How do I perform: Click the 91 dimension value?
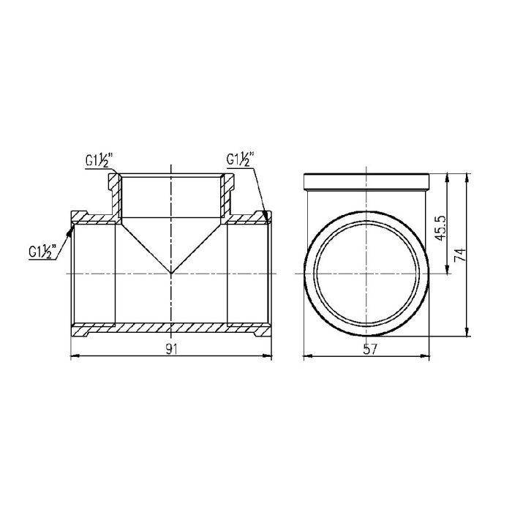pyautogui.click(x=170, y=349)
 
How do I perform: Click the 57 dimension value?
pyautogui.click(x=369, y=349)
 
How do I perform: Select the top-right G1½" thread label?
pyautogui.click(x=239, y=159)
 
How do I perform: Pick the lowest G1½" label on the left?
pyautogui.click(x=42, y=252)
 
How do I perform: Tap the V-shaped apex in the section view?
pyautogui.click(x=171, y=274)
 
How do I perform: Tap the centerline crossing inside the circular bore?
pyautogui.click(x=369, y=274)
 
